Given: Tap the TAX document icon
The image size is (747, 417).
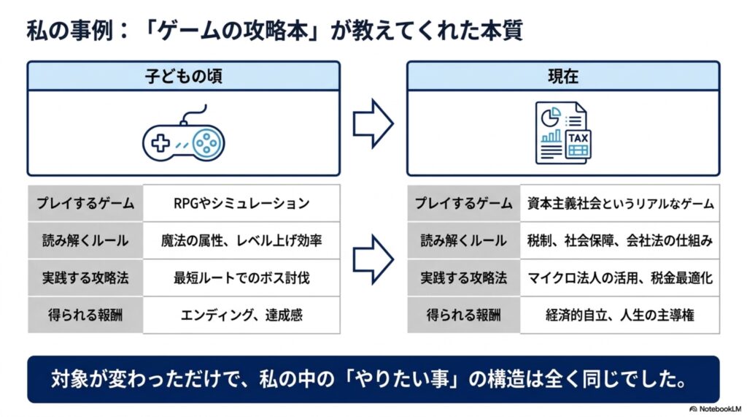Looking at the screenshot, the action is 563,133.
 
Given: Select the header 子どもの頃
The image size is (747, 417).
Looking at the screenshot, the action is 183,76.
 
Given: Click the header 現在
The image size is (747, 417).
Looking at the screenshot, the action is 563,76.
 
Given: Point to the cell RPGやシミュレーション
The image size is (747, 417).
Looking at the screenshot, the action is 241,203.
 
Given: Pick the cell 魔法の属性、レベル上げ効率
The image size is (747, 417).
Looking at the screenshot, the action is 241,240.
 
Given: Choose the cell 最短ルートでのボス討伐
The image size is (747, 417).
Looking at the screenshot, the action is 241,278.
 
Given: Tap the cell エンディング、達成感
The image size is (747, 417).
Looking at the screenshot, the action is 241,315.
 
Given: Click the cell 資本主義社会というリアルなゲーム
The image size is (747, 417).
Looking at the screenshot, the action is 620,203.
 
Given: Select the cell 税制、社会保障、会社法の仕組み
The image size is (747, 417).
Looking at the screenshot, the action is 620,240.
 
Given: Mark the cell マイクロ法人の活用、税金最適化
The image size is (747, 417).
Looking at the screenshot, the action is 620,278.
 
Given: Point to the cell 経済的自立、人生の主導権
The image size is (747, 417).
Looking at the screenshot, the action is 620,315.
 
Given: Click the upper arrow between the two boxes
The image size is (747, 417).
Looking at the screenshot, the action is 373,124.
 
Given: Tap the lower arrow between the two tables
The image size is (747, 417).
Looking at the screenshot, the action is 373,259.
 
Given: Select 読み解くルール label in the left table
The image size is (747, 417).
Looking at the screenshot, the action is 85,240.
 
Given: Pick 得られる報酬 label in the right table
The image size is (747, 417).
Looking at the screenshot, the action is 463,315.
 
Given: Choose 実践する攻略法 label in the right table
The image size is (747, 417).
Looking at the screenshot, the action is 463,278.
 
